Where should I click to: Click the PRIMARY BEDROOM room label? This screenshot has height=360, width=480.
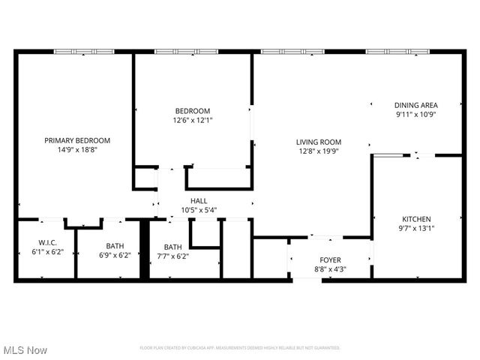[x=77, y=140]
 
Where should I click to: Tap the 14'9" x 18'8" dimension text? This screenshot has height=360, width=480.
[x=77, y=149]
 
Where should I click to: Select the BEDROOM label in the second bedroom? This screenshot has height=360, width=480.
[x=193, y=111]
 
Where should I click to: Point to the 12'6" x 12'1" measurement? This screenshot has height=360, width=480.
[x=193, y=120]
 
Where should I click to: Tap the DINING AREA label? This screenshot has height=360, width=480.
[x=416, y=105]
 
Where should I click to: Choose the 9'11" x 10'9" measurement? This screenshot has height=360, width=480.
[x=416, y=115]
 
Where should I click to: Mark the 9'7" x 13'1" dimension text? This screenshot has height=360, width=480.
[x=416, y=228]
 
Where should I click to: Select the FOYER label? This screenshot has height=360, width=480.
[x=329, y=259]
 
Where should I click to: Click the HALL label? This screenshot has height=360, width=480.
[x=199, y=201]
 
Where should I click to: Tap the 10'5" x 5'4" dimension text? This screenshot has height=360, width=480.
[x=199, y=210]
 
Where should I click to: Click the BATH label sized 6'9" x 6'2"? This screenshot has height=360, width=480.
[x=115, y=245]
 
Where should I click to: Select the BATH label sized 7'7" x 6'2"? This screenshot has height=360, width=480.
[x=173, y=247]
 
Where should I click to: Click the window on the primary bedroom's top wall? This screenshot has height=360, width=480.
[x=84, y=51]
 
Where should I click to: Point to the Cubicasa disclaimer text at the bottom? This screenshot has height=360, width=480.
[x=240, y=348]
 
